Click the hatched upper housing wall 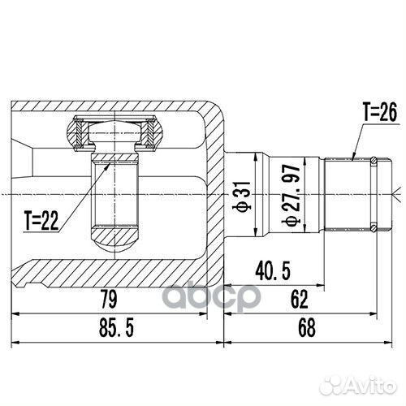pyautogui.click(x=122, y=108)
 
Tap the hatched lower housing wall pyautogui.click(x=122, y=270)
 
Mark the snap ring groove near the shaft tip pyautogui.click(x=372, y=193)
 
